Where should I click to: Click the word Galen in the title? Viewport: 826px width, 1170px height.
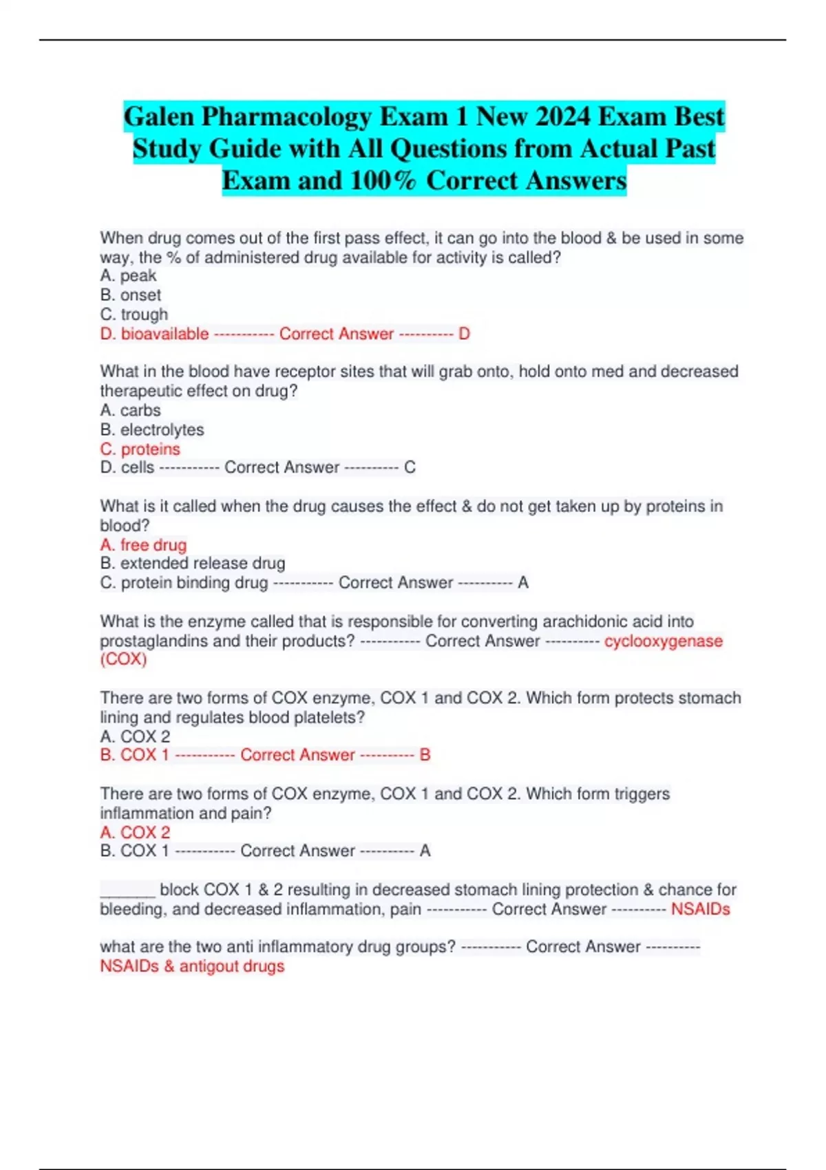(158, 117)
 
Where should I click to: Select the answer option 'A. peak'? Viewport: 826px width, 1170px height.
(128, 276)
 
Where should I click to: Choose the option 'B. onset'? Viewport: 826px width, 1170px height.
(130, 295)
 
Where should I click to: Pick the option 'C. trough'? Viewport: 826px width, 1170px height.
(134, 315)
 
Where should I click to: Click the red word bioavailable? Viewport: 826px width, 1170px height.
(165, 334)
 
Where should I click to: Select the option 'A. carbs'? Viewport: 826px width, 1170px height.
(130, 410)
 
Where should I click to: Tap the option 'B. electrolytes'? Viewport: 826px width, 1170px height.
(151, 429)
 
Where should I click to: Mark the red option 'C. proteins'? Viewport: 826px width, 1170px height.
(140, 449)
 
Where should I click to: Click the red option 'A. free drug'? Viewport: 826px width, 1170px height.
(143, 544)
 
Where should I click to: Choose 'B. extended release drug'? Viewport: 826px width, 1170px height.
(192, 563)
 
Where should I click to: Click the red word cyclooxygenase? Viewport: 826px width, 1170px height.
(663, 641)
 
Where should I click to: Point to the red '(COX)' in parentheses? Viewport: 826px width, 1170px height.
(123, 659)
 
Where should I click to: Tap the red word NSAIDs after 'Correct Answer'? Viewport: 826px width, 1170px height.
(700, 909)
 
